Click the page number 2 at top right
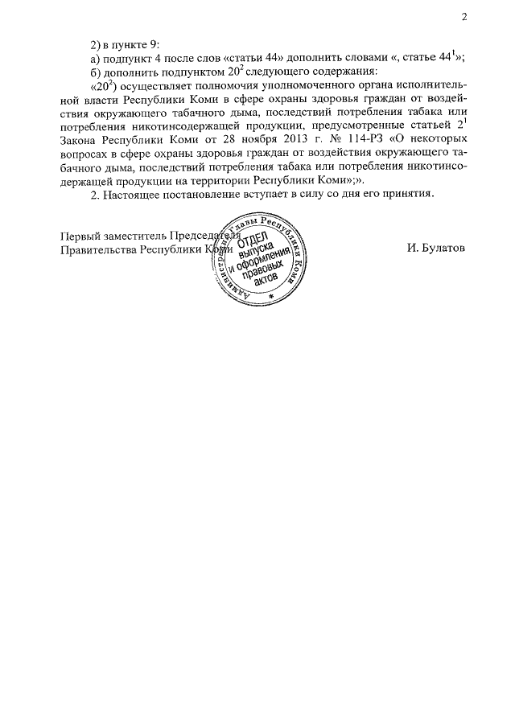(464, 18)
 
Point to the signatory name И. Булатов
(436, 249)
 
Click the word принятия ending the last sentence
(408, 195)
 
